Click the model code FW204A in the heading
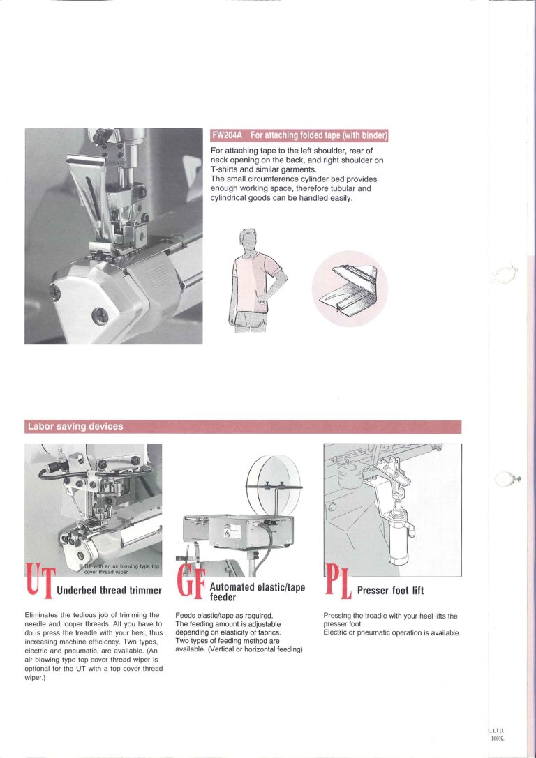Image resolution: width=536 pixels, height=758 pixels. click(x=228, y=135)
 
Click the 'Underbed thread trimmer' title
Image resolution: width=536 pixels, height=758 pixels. click(x=109, y=591)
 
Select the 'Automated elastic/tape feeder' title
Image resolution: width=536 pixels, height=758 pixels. click(x=257, y=592)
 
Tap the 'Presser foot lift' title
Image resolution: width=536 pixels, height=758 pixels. click(x=390, y=591)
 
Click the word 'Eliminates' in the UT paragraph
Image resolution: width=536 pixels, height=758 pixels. click(x=43, y=615)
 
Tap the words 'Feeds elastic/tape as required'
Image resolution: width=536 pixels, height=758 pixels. click(x=218, y=616)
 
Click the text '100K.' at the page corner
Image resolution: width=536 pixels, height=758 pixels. click(x=497, y=738)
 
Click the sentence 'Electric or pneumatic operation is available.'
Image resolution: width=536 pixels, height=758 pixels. click(x=392, y=632)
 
